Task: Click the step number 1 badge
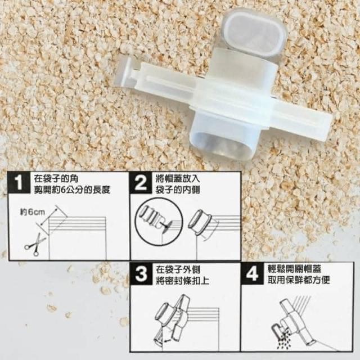pos(19,183)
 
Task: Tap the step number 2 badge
pos(140,183)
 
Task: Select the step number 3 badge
pos(141,274)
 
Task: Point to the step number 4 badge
pos(252,273)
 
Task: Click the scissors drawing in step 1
pos(35,244)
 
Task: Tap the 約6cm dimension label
pos(33,212)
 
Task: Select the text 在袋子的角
pos(56,179)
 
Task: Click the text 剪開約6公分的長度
pos(72,190)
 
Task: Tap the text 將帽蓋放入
pos(178,179)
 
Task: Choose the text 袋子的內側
pos(178,190)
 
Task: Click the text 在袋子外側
pos(178,269)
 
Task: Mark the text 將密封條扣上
pos(182,281)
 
